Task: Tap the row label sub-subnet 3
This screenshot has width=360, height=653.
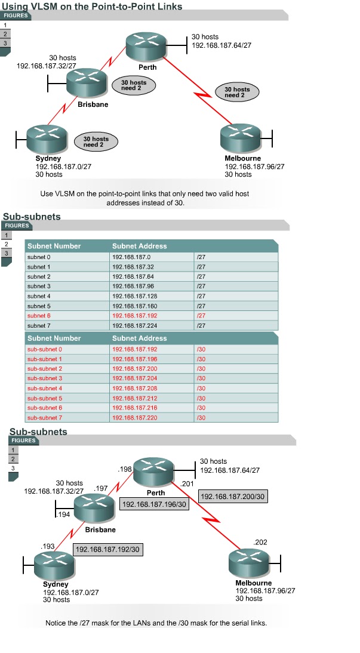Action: pyautogui.click(x=45, y=378)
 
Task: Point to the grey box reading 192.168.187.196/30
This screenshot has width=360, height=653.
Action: pyautogui.click(x=153, y=505)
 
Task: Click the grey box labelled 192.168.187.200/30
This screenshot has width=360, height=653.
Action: pyautogui.click(x=233, y=497)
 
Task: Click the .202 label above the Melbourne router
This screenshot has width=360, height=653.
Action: pyautogui.click(x=260, y=542)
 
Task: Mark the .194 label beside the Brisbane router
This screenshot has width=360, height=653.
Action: pyautogui.click(x=62, y=513)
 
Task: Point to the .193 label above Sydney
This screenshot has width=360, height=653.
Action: pyautogui.click(x=47, y=546)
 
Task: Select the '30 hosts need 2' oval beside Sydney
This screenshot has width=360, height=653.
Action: pyautogui.click(x=96, y=141)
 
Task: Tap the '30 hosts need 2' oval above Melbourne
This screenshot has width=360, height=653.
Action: pyautogui.click(x=237, y=92)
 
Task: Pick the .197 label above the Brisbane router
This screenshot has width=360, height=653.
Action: pyautogui.click(x=100, y=488)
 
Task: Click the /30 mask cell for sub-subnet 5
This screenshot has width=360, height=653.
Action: pyautogui.click(x=201, y=398)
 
